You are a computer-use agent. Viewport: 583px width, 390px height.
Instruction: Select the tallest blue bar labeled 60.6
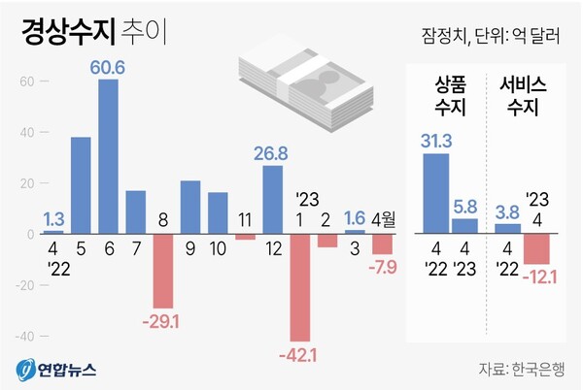point(108,156)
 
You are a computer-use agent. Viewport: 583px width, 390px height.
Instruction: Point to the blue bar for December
point(273,200)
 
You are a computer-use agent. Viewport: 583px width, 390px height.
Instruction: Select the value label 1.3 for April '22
point(53,219)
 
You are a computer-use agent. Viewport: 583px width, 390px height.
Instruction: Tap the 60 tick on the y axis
point(26,81)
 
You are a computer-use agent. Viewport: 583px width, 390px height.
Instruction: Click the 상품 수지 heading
point(448,96)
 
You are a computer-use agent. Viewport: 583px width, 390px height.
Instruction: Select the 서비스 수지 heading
point(525,96)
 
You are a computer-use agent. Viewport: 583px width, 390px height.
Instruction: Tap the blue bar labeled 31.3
point(436,193)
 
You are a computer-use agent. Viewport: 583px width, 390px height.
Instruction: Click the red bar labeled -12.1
point(536,249)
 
